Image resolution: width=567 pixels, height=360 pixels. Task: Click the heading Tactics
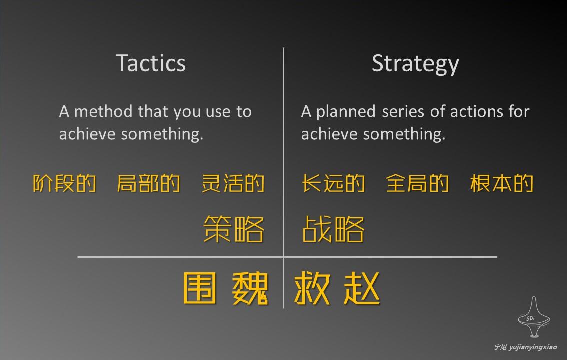pyautogui.click(x=151, y=63)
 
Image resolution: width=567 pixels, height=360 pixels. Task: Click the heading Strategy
pyautogui.click(x=415, y=64)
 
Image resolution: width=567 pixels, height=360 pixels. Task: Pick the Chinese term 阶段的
pyautogui.click(x=65, y=184)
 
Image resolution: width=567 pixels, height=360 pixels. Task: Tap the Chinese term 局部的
pyautogui.click(x=148, y=184)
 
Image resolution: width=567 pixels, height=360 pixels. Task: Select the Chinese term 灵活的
pyautogui.click(x=233, y=184)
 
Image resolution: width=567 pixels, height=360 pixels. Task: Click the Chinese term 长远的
pyautogui.click(x=333, y=184)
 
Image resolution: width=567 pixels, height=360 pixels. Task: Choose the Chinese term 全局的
pyautogui.click(x=417, y=184)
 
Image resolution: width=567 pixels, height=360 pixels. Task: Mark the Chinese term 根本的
pyautogui.click(x=502, y=184)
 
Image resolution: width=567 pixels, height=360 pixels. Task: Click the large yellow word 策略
pyautogui.click(x=234, y=230)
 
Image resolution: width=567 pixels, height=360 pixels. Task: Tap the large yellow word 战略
pyautogui.click(x=333, y=230)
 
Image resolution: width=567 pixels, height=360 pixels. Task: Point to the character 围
pyautogui.click(x=200, y=288)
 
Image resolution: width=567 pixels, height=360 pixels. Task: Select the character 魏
pyautogui.click(x=250, y=288)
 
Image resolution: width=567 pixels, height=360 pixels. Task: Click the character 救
pyautogui.click(x=312, y=288)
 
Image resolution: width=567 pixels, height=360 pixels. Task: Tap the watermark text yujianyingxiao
pyautogui.click(x=532, y=347)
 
